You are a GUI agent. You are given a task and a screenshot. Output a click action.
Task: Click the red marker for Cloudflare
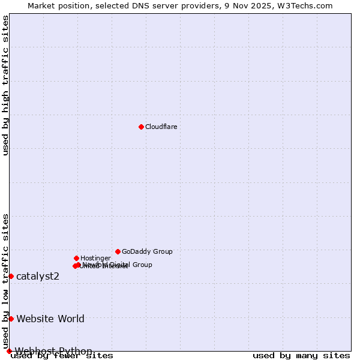point(141,127)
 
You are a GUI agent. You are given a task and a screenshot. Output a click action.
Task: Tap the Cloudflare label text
point(161,127)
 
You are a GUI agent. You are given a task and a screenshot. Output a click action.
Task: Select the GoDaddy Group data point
point(118,251)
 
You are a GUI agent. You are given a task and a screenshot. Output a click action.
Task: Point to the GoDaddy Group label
point(147,251)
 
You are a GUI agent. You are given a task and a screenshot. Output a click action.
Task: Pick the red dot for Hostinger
point(76,258)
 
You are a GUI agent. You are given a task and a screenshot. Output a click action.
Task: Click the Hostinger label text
point(95,258)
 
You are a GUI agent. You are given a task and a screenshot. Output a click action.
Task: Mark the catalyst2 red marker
point(11,276)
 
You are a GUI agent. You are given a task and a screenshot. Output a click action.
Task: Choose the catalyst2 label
point(38,276)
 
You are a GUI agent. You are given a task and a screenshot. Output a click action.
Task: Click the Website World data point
point(11,319)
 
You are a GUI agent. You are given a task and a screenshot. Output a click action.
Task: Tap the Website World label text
point(50,319)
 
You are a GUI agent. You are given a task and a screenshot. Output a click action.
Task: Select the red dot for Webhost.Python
point(9,351)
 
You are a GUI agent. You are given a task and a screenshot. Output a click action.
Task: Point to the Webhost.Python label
point(53,351)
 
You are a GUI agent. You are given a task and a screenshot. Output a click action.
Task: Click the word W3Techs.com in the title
point(310,5)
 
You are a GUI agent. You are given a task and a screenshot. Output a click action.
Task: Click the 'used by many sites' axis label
point(301,356)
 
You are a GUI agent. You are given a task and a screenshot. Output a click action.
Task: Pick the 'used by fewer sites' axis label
point(62,356)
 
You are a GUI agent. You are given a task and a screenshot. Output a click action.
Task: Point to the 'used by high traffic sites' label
point(5,85)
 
